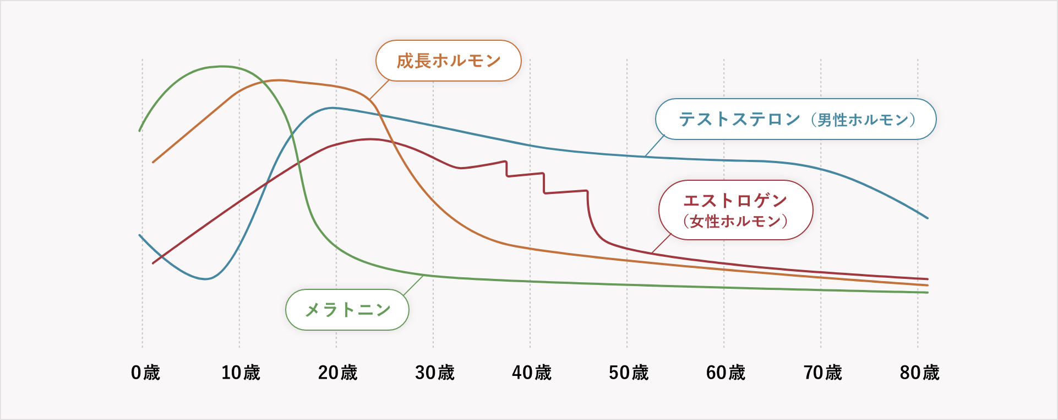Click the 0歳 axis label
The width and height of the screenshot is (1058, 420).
click(x=145, y=373)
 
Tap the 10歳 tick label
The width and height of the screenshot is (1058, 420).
click(x=241, y=373)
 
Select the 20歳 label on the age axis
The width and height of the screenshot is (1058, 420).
click(x=337, y=373)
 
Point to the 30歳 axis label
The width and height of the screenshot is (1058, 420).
click(x=434, y=373)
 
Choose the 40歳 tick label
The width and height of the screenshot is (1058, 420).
click(x=531, y=373)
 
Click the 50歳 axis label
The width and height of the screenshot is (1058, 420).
click(x=628, y=373)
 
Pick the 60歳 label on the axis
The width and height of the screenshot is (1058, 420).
click(x=726, y=373)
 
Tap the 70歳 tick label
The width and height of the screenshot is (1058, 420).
click(x=822, y=373)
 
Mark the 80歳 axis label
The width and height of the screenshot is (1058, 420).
click(x=919, y=373)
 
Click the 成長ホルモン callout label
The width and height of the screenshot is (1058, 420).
click(x=448, y=61)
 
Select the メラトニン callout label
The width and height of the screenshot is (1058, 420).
click(x=347, y=310)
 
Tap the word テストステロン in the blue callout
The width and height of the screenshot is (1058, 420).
click(x=739, y=119)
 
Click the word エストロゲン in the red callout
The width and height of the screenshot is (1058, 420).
click(x=735, y=201)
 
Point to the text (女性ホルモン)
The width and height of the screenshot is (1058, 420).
click(x=735, y=222)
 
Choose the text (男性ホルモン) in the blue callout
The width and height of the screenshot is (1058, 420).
click(x=863, y=120)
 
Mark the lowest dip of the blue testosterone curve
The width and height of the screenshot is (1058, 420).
click(x=205, y=279)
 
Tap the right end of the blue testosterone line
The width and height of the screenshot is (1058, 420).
click(x=927, y=218)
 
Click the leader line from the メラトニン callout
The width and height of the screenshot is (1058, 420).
click(x=413, y=285)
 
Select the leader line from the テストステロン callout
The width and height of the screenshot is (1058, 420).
click(x=655, y=146)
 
